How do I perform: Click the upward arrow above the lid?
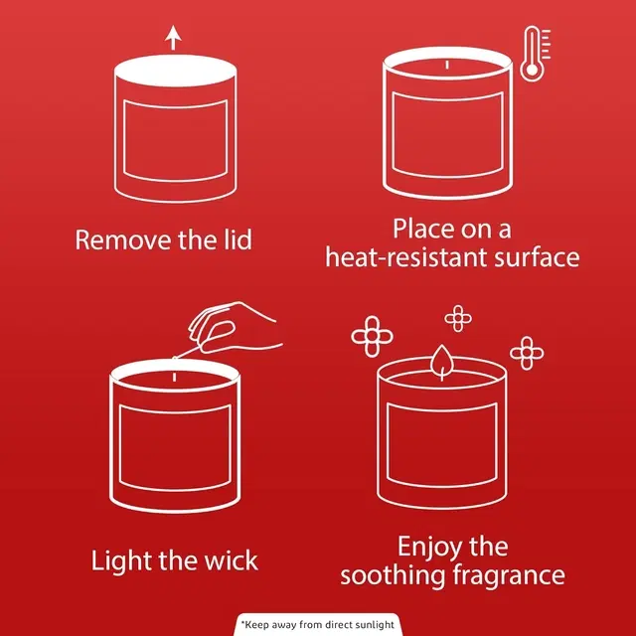(x=173, y=38)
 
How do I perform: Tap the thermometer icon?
(x=535, y=54)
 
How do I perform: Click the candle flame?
(x=441, y=361)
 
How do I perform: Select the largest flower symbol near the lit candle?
(x=372, y=337)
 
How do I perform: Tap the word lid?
(x=238, y=239)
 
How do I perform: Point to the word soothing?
(x=393, y=576)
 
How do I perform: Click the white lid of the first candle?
(x=175, y=71)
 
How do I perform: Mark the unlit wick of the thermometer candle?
(x=447, y=65)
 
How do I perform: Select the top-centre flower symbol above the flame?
(x=458, y=319)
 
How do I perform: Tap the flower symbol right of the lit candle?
(x=527, y=353)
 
